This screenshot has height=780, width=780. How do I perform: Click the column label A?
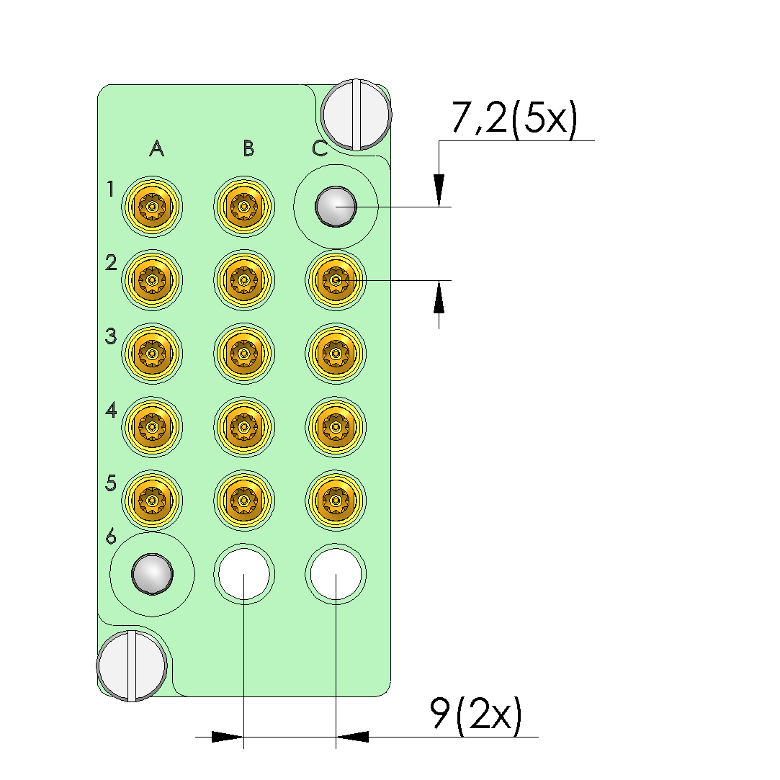(157, 148)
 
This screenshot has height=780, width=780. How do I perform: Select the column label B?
(248, 148)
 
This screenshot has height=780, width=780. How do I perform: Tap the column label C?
(320, 148)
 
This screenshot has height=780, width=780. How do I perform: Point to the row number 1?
(110, 189)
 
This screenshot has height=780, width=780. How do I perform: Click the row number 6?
(111, 537)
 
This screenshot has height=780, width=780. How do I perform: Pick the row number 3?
(111, 336)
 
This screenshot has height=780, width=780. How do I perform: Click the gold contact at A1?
(152, 207)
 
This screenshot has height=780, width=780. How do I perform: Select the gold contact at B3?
(243, 354)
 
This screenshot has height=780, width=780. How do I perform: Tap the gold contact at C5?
(336, 501)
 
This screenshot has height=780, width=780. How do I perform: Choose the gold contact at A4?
(152, 427)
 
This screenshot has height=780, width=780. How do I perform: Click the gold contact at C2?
(336, 280)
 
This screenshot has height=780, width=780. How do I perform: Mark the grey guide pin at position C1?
(336, 207)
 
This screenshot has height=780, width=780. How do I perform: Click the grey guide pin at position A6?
(152, 574)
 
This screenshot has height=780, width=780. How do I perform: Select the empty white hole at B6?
(243, 574)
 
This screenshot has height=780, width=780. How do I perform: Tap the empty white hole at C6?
(336, 574)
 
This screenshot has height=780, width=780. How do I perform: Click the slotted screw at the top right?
(357, 115)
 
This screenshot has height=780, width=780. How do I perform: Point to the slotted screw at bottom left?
(132, 666)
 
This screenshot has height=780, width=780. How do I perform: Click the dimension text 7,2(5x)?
(514, 118)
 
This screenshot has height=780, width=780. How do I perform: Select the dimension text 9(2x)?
(476, 714)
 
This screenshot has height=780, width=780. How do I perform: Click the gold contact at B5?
(243, 501)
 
